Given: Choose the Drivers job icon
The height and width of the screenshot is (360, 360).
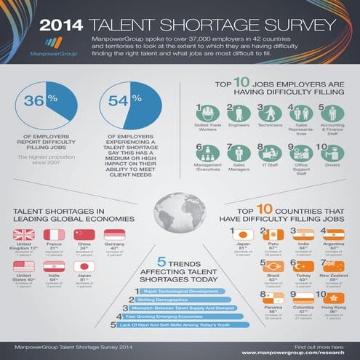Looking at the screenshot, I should click(x=334, y=154).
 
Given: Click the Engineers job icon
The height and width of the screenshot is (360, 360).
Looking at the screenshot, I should click(x=234, y=114).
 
